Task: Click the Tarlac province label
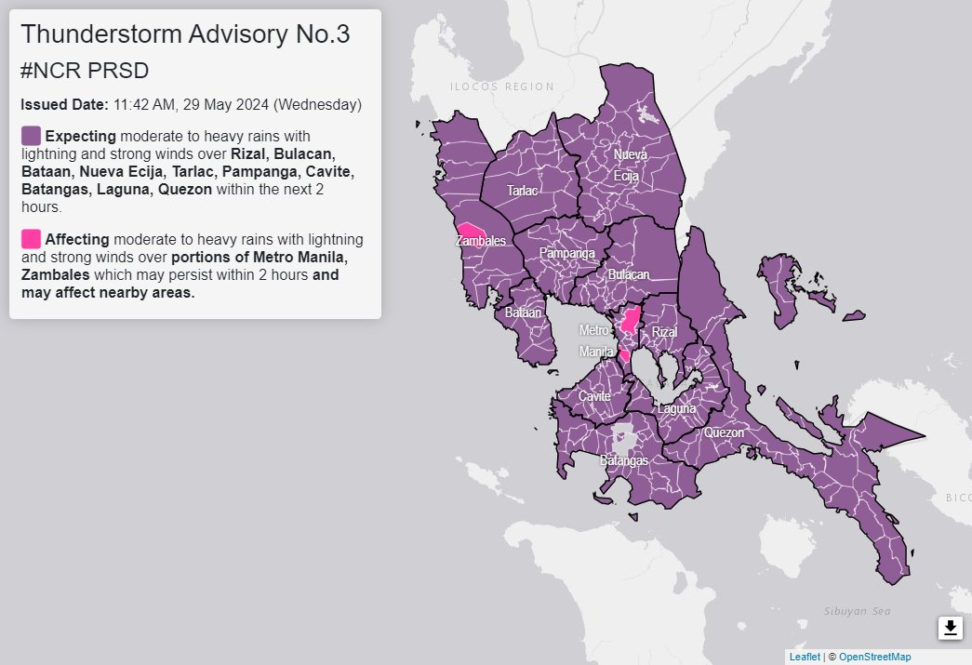[x=522, y=191]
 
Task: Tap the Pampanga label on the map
[x=566, y=253]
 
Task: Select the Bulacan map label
[x=628, y=275]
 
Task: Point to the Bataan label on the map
[x=523, y=313]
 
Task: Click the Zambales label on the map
[x=481, y=242]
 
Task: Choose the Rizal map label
[x=665, y=332]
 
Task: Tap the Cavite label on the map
[x=594, y=396]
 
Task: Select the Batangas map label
[x=624, y=460]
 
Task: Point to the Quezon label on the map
[x=725, y=432]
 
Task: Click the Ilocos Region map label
[x=501, y=87]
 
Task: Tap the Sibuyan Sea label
[x=858, y=611]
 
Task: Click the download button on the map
[x=950, y=628]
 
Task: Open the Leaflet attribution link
[x=805, y=657]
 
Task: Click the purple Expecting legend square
[x=31, y=136]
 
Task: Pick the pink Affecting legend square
[x=31, y=238]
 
